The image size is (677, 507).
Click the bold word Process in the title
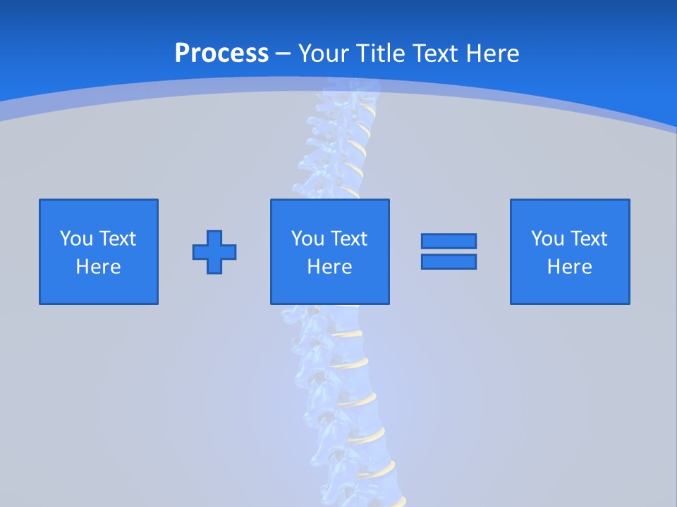point(221,54)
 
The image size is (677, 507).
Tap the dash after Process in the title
point(283,54)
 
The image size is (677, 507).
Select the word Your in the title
point(322,54)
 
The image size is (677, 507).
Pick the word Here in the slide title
point(494,54)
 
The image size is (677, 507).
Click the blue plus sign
point(214,251)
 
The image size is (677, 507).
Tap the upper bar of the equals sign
point(449,241)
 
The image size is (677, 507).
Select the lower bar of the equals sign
point(449,262)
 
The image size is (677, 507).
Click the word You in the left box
point(76,239)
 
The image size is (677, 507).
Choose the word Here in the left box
point(99,267)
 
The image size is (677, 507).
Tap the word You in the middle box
point(307,239)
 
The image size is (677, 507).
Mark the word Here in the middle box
point(330,267)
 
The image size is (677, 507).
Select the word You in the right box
point(547,239)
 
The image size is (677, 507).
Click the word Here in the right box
point(570,267)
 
